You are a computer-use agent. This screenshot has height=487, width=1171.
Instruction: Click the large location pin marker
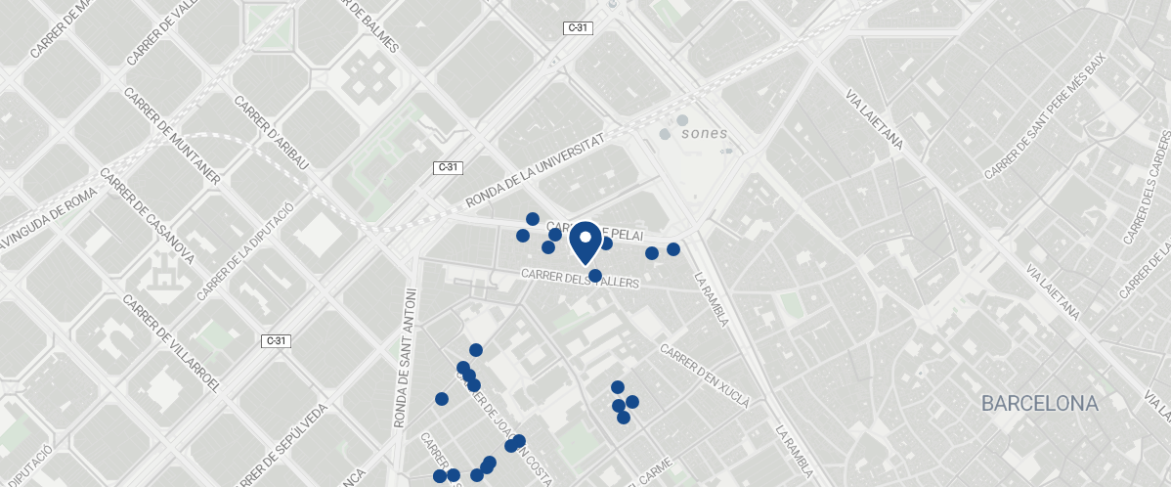pyautogui.click(x=585, y=242)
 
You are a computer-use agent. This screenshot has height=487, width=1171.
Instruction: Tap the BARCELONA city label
pyautogui.click(x=1040, y=403)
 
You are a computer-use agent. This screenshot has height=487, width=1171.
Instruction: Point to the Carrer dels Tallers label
pyautogui.click(x=580, y=279)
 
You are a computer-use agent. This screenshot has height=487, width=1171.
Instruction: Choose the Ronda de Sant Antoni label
pyautogui.click(x=403, y=358)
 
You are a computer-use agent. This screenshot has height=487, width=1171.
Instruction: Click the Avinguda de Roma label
pyautogui.click(x=43, y=217)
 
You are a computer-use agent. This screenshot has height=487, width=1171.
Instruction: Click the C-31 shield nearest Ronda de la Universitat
pyautogui.click(x=448, y=167)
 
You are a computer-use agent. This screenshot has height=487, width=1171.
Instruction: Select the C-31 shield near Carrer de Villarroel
pyautogui.click(x=277, y=341)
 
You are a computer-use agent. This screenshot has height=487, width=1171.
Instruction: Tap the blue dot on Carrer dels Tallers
pyautogui.click(x=595, y=276)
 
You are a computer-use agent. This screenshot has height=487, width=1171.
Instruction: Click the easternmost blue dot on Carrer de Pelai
pyautogui.click(x=673, y=249)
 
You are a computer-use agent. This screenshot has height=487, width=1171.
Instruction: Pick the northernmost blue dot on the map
pyautogui.click(x=533, y=219)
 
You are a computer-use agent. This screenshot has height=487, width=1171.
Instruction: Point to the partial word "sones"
pyautogui.click(x=704, y=133)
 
